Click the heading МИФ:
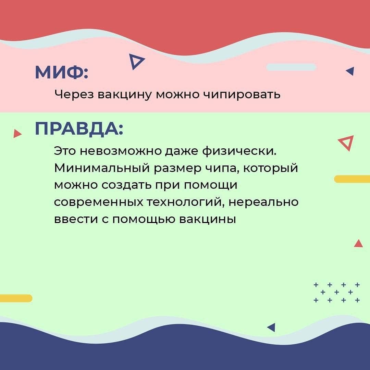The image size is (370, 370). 62,72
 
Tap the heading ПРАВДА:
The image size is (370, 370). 79,129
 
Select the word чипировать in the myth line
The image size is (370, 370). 242,95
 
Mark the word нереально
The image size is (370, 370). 263,202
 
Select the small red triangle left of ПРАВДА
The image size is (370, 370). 17,134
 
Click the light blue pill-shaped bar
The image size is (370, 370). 291,67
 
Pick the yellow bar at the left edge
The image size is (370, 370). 16,298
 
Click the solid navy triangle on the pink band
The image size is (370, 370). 350,71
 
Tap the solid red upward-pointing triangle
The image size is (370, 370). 358,244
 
